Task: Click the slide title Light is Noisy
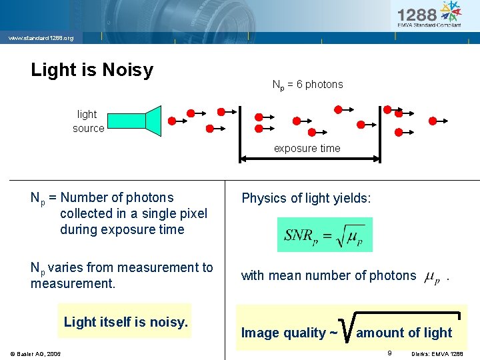tap(92, 70)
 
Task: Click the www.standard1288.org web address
tap(41, 38)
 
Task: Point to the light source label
tap(88, 121)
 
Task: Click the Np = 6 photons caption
tap(307, 85)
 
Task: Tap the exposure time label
tap(307, 149)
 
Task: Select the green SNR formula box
tap(325, 235)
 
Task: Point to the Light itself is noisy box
tap(125, 322)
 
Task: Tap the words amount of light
tap(404, 333)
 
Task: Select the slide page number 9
tap(389, 352)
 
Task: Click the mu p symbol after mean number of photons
tap(432, 277)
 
